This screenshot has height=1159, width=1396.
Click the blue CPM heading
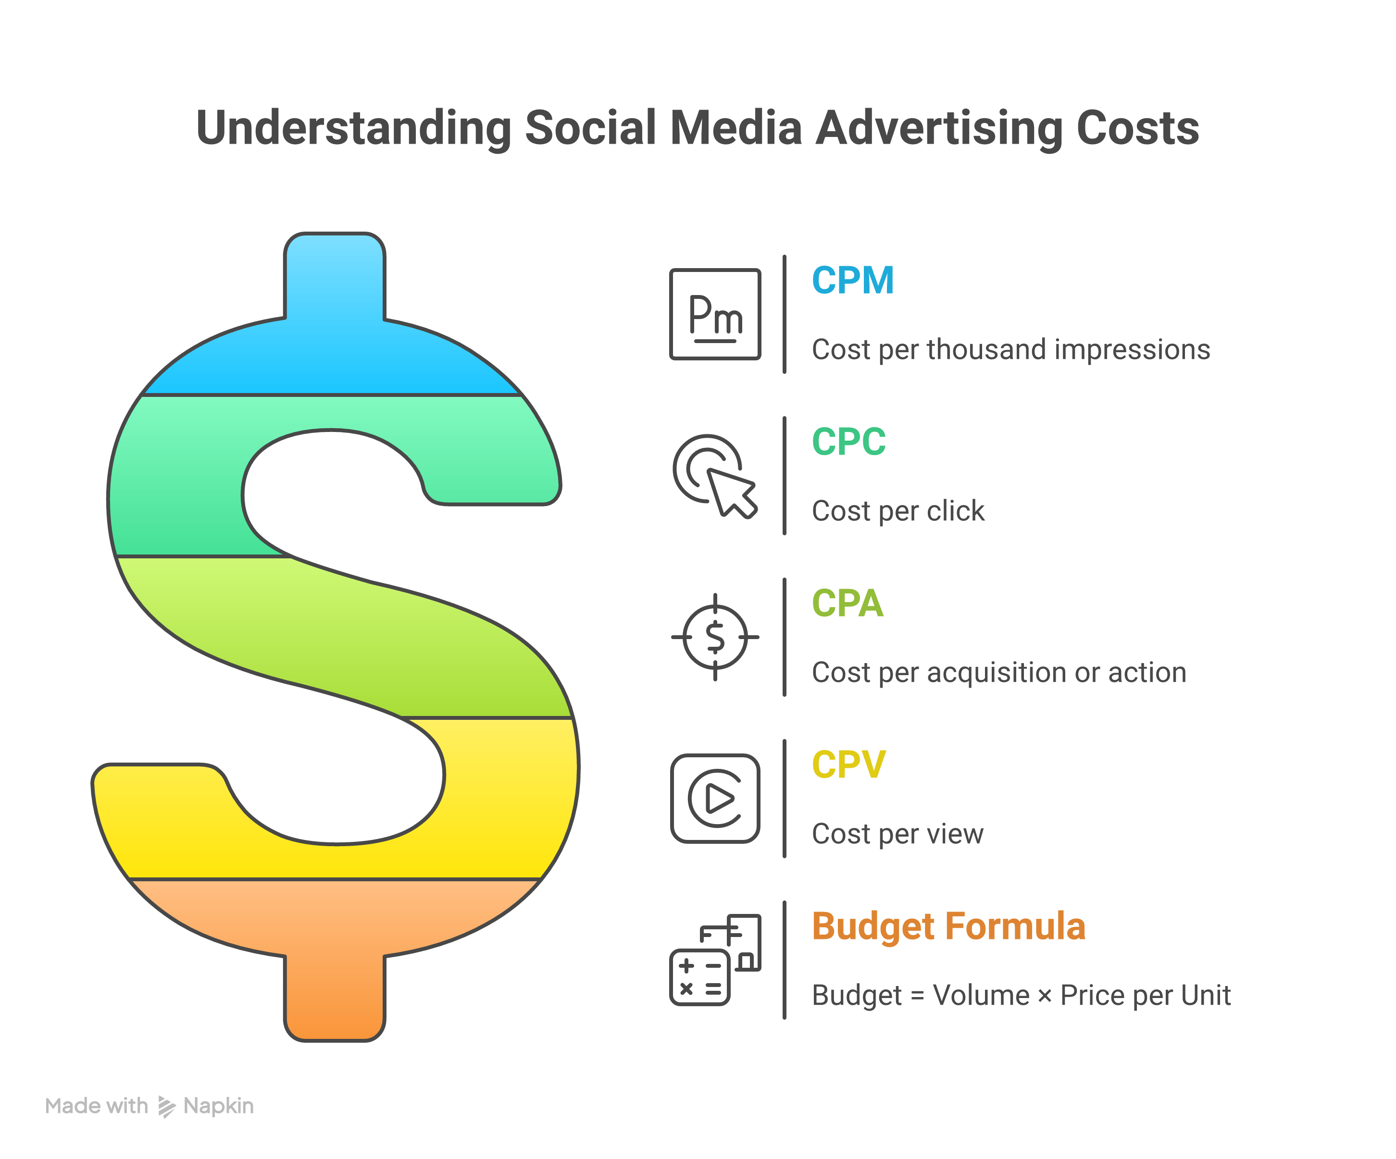click(852, 281)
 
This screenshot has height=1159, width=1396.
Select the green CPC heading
click(848, 442)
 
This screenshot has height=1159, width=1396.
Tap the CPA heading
click(847, 604)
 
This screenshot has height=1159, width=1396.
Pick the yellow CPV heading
click(848, 765)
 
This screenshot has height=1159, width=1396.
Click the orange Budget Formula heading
click(948, 926)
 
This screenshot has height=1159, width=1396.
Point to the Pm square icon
click(715, 314)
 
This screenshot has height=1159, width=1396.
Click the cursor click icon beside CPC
click(715, 476)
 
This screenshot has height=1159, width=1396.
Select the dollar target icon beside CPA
click(715, 637)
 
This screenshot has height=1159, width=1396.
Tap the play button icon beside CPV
click(715, 799)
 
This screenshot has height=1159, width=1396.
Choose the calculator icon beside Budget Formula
click(715, 960)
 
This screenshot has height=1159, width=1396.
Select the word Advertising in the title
click(939, 128)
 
